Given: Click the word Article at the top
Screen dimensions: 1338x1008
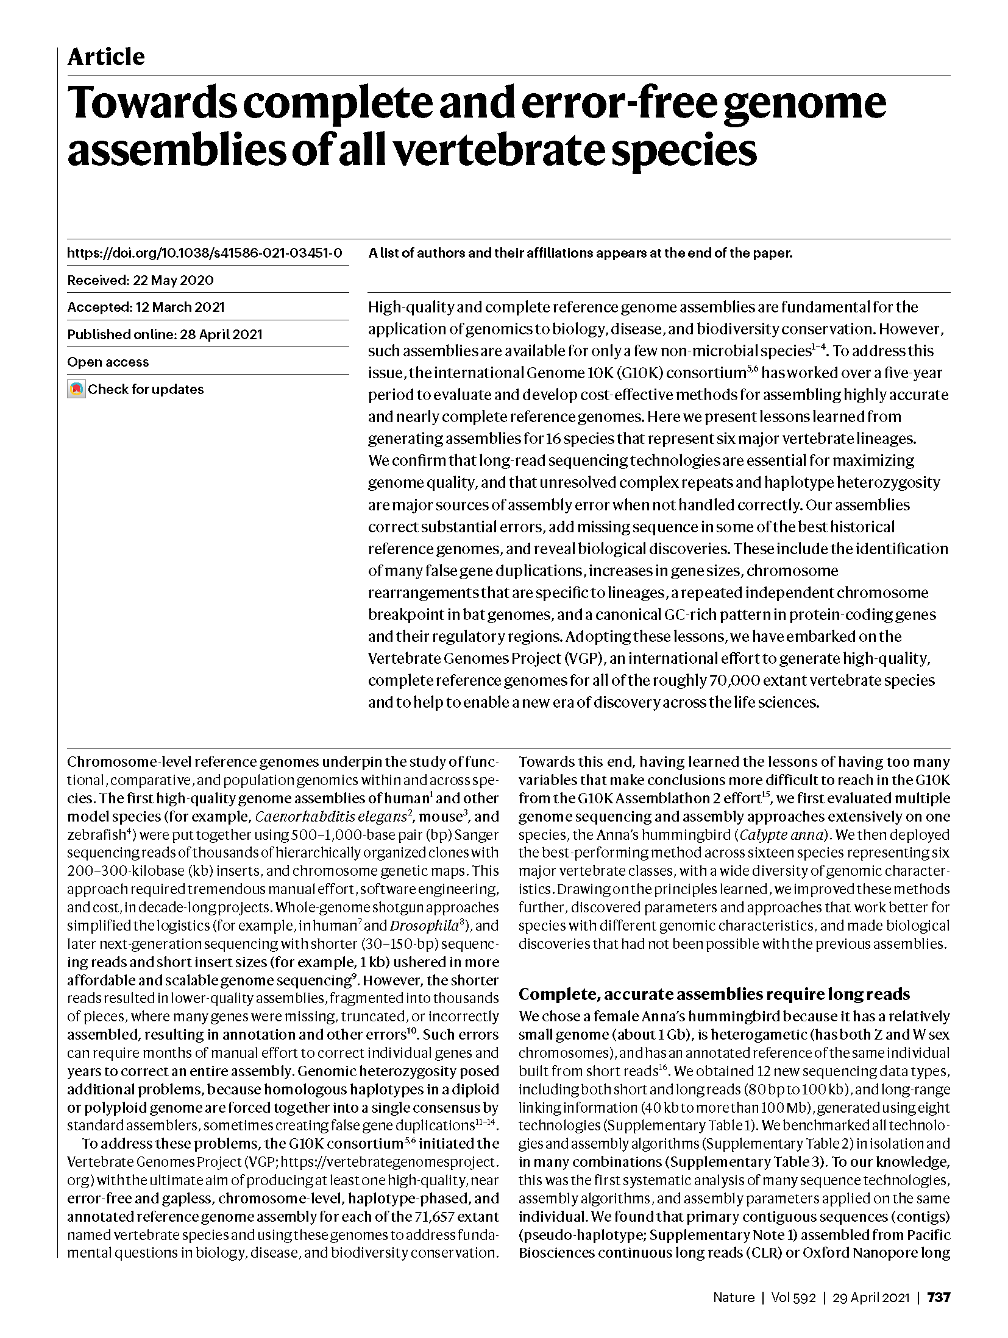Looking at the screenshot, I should pyautogui.click(x=105, y=57).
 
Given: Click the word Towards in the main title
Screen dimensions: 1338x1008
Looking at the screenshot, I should pyautogui.click(x=152, y=104).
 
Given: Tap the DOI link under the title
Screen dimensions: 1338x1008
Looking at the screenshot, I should pyautogui.click(x=204, y=253).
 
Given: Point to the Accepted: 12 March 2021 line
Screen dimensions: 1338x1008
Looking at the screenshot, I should pyautogui.click(x=146, y=307).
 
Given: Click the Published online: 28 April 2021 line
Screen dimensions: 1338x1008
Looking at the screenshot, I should pyautogui.click(x=165, y=334).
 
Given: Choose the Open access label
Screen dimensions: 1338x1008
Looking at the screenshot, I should pyautogui.click(x=108, y=362).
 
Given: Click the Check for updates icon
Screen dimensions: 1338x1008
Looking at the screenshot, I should pyautogui.click(x=76, y=389).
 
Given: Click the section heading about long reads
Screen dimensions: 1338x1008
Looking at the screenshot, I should pyautogui.click(x=714, y=995).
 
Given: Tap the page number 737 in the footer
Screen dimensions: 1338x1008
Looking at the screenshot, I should pyautogui.click(x=938, y=1297).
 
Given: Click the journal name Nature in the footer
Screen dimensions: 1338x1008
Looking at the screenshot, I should pyautogui.click(x=733, y=1297).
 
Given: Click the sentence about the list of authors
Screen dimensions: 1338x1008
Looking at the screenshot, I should pyautogui.click(x=580, y=253).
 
